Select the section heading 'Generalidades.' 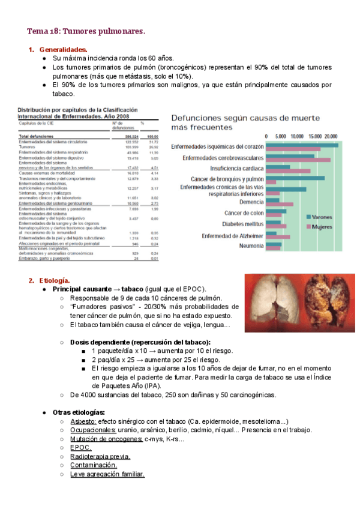[63, 49]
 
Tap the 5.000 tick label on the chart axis [281, 136]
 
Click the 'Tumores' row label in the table [28, 146]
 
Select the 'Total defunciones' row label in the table [37, 136]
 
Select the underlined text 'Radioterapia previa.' [100, 456]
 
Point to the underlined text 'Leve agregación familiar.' [107, 474]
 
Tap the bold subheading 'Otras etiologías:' [79, 412]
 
